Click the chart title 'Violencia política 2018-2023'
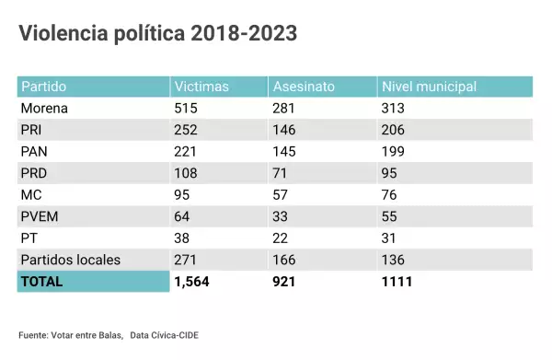click(157, 35)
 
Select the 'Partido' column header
click(44, 87)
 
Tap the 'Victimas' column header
click(201, 87)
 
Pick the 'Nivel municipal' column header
click(429, 87)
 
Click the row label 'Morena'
click(45, 109)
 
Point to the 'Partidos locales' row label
click(70, 260)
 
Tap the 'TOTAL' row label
click(42, 282)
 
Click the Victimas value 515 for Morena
click(188, 109)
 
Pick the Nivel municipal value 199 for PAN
click(393, 152)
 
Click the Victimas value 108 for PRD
click(188, 173)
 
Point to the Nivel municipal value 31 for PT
click(389, 238)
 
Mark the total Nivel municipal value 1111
click(397, 282)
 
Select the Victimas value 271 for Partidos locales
click(188, 260)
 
